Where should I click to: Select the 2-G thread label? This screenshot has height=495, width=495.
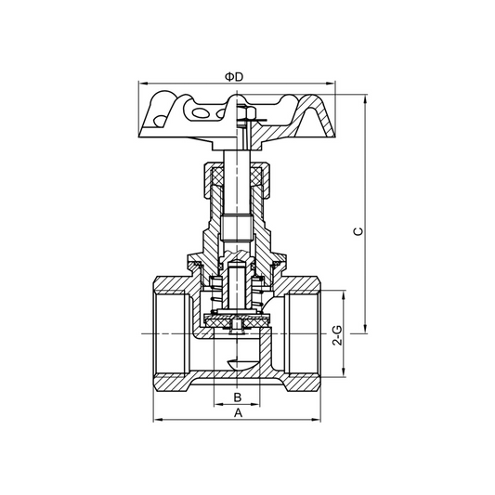[x=338, y=335]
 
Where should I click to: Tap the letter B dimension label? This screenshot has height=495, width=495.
[x=238, y=397]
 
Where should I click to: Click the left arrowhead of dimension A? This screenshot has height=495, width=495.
[x=157, y=419]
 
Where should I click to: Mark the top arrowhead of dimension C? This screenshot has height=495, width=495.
[x=369, y=96]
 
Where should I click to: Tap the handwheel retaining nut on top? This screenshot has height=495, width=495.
[x=247, y=115]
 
